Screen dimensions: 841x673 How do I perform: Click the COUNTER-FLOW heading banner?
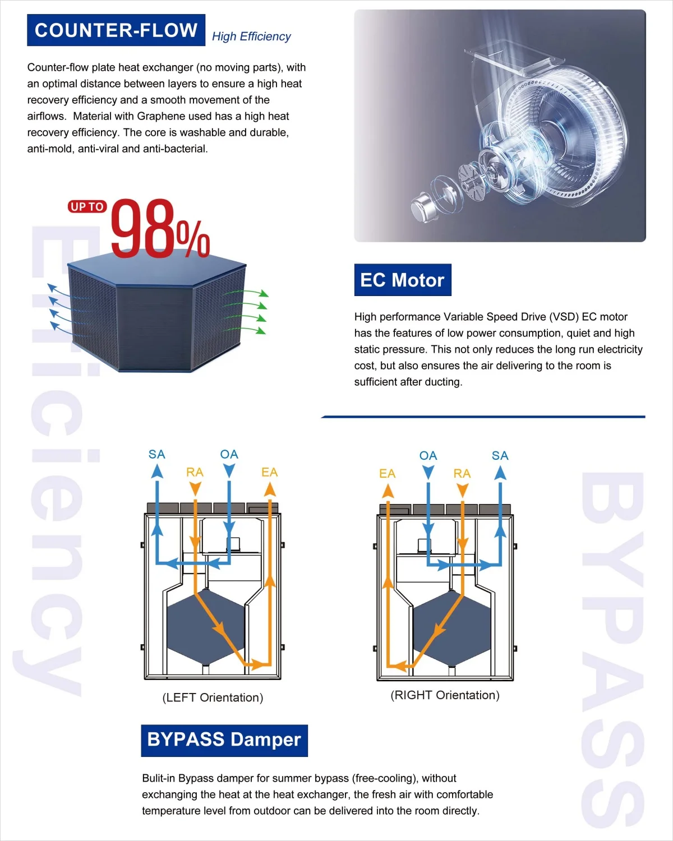click(x=116, y=30)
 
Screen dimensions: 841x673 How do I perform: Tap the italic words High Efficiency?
click(x=251, y=36)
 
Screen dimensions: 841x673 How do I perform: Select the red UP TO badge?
click(x=87, y=207)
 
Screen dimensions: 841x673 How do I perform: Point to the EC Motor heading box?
click(x=402, y=280)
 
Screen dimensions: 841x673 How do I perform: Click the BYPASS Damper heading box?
click(x=224, y=740)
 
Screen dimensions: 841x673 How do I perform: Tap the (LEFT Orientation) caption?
click(x=213, y=697)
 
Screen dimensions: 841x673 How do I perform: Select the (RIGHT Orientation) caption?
click(x=445, y=695)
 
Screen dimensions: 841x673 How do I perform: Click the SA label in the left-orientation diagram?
click(x=157, y=454)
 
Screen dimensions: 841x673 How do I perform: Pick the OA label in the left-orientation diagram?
click(x=229, y=454)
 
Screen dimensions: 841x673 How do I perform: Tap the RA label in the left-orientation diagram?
click(x=195, y=472)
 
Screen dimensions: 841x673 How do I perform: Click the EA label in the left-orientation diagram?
click(x=269, y=472)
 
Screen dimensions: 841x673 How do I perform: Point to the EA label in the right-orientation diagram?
click(x=387, y=474)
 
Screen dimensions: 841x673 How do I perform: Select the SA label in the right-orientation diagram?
click(x=500, y=456)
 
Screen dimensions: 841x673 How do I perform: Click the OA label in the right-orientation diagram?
click(x=428, y=456)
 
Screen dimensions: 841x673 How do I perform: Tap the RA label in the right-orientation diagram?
click(x=462, y=474)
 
